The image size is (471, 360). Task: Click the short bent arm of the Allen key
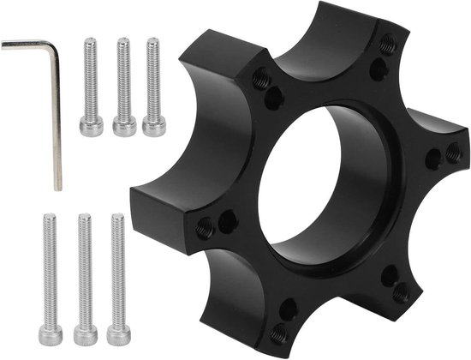(26, 43)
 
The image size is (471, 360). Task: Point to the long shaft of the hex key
(56, 120)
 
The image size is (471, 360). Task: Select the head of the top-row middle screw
(124, 125)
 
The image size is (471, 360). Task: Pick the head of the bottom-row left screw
(51, 331)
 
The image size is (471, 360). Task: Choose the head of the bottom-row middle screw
(85, 331)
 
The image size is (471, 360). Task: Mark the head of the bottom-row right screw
(119, 330)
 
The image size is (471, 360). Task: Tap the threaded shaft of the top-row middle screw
(123, 77)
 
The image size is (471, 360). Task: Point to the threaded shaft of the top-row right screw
(154, 77)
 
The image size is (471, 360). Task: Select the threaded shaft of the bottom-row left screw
(50, 266)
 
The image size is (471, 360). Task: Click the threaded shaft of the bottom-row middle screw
(84, 266)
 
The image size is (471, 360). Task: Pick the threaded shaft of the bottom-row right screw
(118, 266)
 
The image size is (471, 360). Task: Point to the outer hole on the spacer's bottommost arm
(278, 331)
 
